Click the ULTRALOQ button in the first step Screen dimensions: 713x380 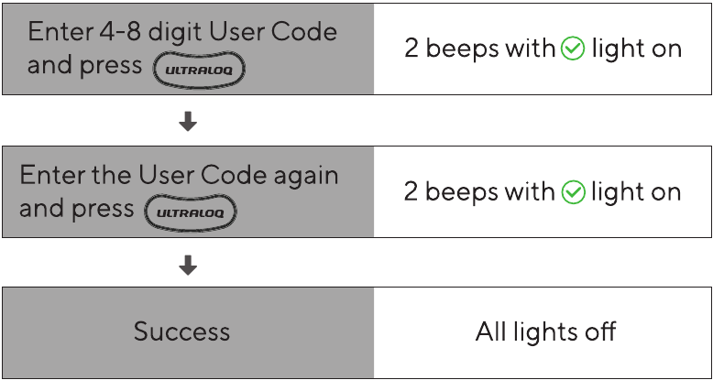199,70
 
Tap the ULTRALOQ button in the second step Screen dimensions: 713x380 191,212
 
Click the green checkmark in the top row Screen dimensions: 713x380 573,49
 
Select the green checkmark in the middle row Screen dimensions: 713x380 574,191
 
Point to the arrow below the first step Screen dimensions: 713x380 188,122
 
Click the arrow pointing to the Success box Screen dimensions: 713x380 188,265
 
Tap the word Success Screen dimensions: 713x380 181,331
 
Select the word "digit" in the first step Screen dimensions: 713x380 176,33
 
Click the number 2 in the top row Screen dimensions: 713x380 411,49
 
